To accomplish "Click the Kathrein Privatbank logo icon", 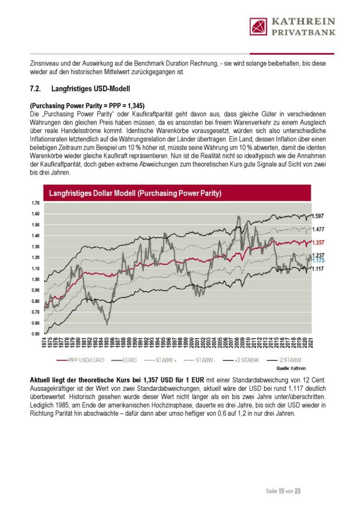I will (x=259, y=27).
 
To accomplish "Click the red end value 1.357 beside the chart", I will (x=319, y=243).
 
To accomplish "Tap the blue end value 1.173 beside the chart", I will (x=319, y=261).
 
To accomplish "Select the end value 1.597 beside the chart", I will (x=319, y=216).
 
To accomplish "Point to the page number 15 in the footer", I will (x=281, y=491).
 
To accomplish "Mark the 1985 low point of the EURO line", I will (x=107, y=323).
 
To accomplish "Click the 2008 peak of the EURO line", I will (x=238, y=217).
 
